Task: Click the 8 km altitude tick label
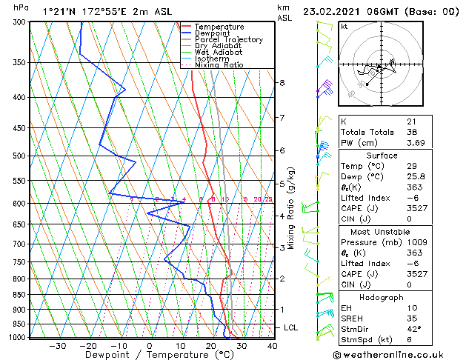282,82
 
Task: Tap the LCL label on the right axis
292,327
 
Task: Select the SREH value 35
411,319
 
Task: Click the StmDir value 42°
413,330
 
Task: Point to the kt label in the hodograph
344,26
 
